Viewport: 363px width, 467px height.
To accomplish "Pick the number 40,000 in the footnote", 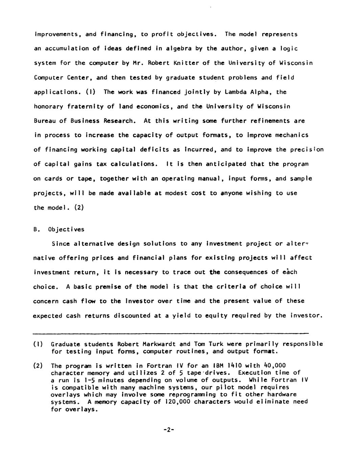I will (275, 365).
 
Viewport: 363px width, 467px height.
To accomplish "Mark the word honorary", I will (48, 106).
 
